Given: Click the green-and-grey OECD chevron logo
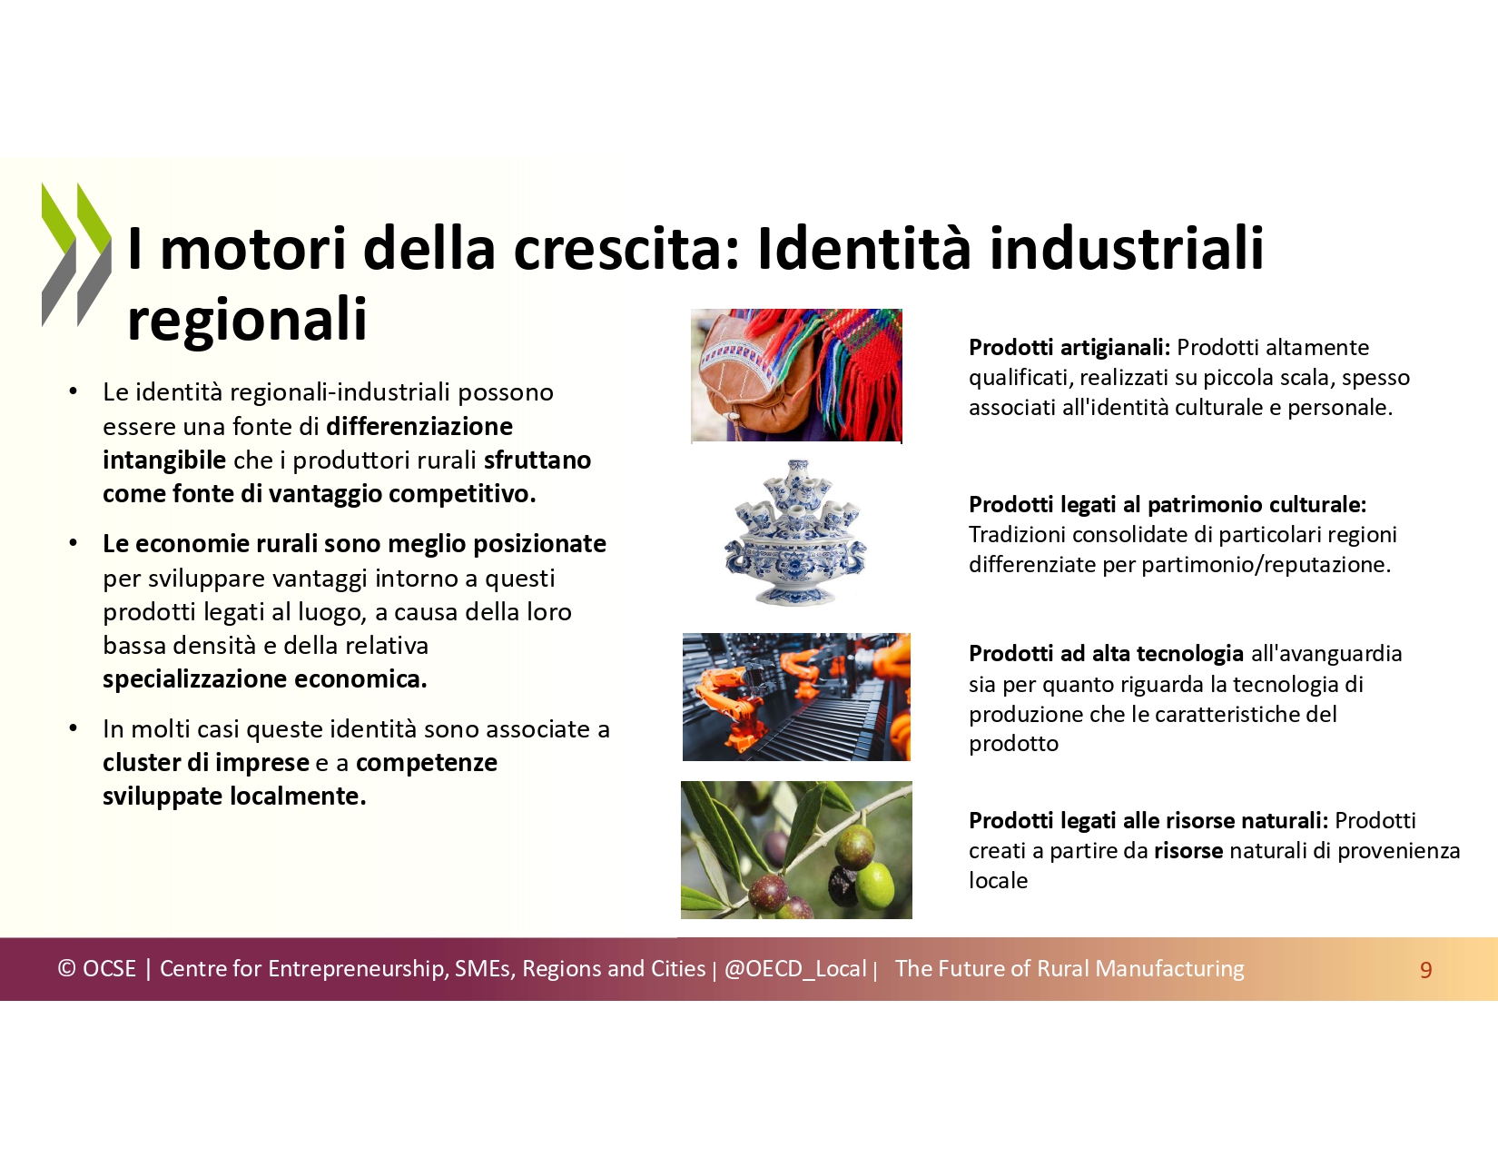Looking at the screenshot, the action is pyautogui.click(x=76, y=254).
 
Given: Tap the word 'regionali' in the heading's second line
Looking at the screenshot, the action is pyautogui.click(x=247, y=320).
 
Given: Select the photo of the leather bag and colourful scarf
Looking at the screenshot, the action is pyautogui.click(x=796, y=375).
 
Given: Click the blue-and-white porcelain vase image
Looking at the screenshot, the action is pyautogui.click(x=795, y=532).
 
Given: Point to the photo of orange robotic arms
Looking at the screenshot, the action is pyautogui.click(x=796, y=697).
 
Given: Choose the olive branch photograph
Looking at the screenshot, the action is pyautogui.click(x=796, y=850).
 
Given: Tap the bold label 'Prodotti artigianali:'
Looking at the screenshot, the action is pyautogui.click(x=1069, y=348).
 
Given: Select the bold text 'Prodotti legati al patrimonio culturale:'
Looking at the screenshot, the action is pyautogui.click(x=1168, y=505).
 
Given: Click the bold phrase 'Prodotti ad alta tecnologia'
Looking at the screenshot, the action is pyautogui.click(x=1106, y=653).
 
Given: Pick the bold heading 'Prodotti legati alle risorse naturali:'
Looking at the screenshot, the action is pyautogui.click(x=1148, y=821).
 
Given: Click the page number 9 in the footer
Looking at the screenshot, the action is pyautogui.click(x=1425, y=970).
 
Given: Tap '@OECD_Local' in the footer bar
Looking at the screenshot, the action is pyautogui.click(x=794, y=969).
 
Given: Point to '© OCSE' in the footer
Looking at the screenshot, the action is pyautogui.click(x=97, y=969).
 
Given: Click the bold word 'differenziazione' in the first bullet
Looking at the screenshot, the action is pyautogui.click(x=419, y=427).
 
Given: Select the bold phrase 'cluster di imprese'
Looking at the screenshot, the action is pyautogui.click(x=206, y=763).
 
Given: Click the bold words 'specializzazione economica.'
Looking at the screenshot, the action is pyautogui.click(x=265, y=679).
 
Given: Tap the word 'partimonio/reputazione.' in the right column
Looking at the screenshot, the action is pyautogui.click(x=1266, y=565).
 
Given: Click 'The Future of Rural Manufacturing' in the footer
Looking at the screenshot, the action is pyautogui.click(x=1069, y=969).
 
